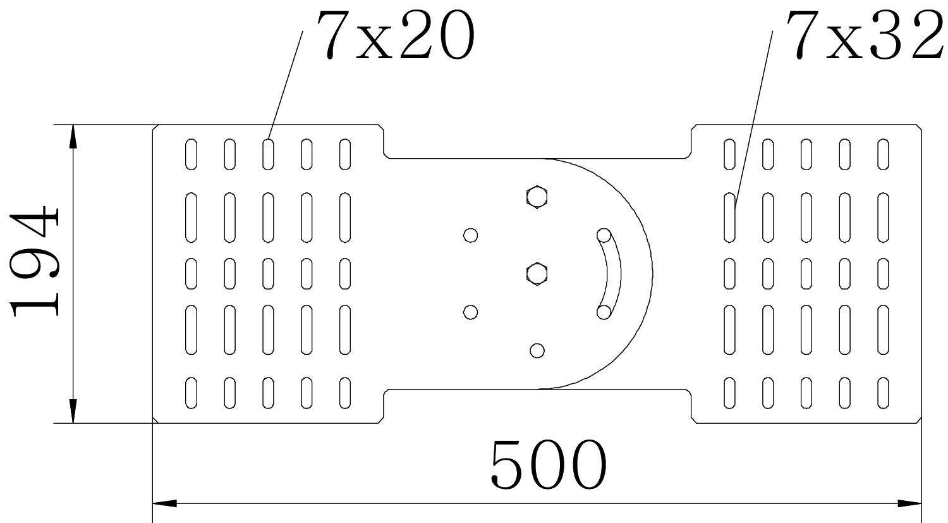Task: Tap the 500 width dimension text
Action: pos(548,465)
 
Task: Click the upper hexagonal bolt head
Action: pos(537,197)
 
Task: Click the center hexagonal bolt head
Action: pos(537,274)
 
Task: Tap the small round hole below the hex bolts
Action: pos(537,350)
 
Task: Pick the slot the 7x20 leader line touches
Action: pos(269,154)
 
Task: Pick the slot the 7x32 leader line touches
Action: pos(730,217)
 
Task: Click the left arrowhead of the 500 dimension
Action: pos(163,503)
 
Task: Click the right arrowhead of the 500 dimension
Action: pos(911,503)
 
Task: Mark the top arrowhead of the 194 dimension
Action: pos(73,135)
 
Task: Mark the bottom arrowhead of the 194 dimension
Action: pos(73,412)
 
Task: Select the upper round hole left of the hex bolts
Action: pos(470,235)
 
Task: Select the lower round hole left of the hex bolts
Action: pos(470,312)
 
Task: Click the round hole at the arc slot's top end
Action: pos(604,235)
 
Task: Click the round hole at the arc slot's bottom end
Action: pos(604,312)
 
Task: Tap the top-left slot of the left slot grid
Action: pos(191,154)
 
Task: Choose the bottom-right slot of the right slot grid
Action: pos(884,393)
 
